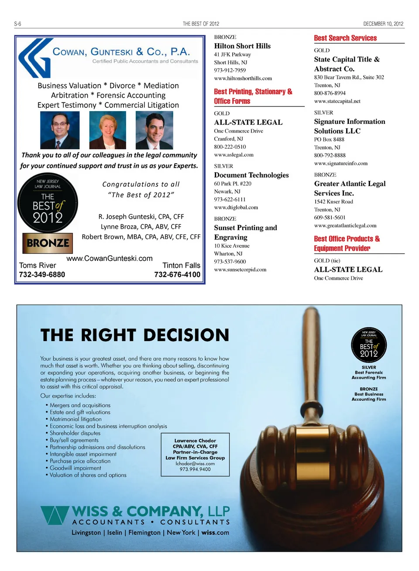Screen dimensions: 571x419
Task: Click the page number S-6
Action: pyautogui.click(x=17, y=24)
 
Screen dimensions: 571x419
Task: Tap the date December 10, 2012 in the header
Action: pyautogui.click(x=383, y=24)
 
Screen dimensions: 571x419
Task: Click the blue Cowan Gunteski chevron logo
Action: pyautogui.click(x=34, y=58)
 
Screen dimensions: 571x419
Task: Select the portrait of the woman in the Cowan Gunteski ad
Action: pyautogui.click(x=107, y=130)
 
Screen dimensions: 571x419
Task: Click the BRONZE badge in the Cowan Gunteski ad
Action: pyautogui.click(x=48, y=243)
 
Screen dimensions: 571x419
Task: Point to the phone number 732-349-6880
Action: pyautogui.click(x=42, y=274)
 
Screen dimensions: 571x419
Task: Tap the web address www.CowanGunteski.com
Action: pyautogui.click(x=110, y=258)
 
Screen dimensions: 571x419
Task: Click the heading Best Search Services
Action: pyautogui.click(x=345, y=38)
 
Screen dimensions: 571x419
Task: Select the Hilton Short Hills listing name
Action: pyautogui.click(x=242, y=46)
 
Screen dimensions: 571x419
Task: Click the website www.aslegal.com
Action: pyautogui.click(x=234, y=154)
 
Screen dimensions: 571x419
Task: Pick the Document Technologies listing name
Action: pyautogui.click(x=251, y=175)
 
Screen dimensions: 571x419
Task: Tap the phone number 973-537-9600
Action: pyautogui.click(x=230, y=261)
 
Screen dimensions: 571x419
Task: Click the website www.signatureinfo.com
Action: pyautogui.click(x=341, y=163)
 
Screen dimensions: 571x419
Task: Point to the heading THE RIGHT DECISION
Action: pyautogui.click(x=135, y=335)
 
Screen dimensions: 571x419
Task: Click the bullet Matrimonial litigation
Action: pyautogui.click(x=76, y=419)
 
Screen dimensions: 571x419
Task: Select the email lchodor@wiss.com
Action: pyautogui.click(x=195, y=464)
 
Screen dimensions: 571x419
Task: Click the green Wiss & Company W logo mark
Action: pyautogui.click(x=55, y=515)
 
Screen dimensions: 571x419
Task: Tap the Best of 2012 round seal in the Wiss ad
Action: pyautogui.click(x=369, y=345)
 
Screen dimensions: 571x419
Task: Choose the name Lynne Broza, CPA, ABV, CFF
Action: pyautogui.click(x=141, y=226)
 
